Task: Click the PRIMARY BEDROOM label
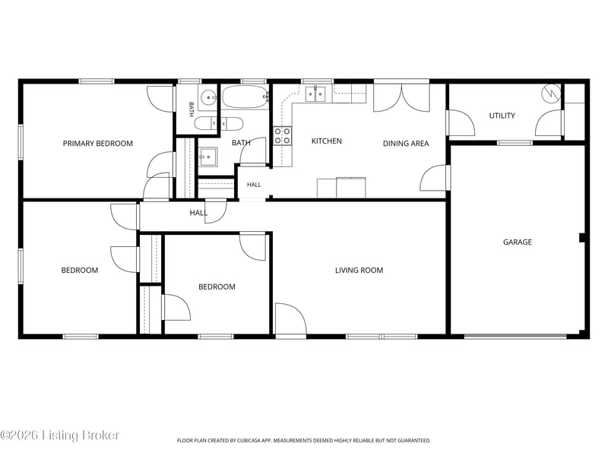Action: pos(98,144)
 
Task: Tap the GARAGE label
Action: pos(518,242)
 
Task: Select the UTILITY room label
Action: pos(502,116)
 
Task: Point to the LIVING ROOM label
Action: pos(359,271)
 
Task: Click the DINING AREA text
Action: pos(406,144)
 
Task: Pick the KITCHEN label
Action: pos(327,141)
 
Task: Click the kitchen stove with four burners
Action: pos(283,136)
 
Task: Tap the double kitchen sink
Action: pos(315,93)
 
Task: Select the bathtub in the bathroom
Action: pos(245,97)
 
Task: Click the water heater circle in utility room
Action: pos(552,93)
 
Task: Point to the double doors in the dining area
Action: pos(402,98)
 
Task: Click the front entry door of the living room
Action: pos(291,318)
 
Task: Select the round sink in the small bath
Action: pos(209,97)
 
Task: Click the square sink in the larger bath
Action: pos(208,157)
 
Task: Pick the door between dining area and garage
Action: pos(435,178)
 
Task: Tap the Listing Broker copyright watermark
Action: pos(59,435)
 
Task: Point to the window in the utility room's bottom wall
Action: pos(515,143)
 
